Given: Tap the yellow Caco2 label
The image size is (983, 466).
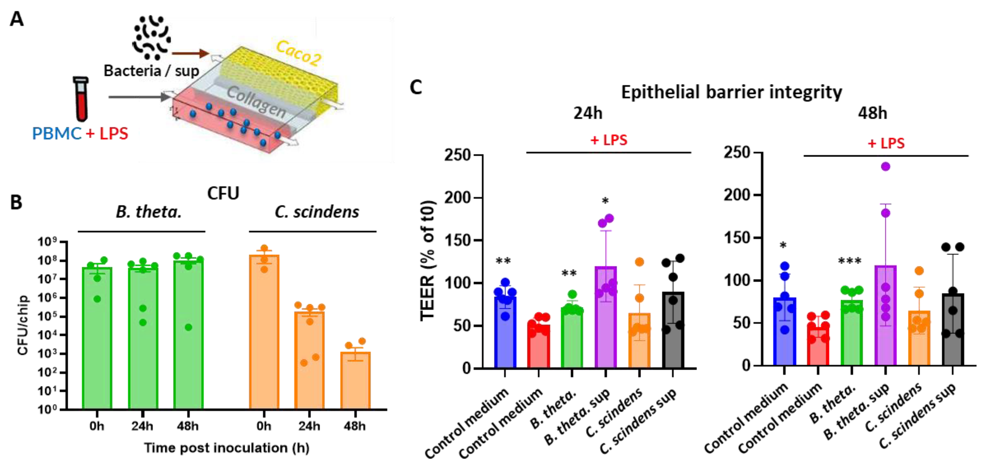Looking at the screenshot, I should [x=298, y=54].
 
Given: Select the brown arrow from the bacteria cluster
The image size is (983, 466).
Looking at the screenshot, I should [x=190, y=54].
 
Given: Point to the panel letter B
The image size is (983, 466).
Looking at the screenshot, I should [x=16, y=202].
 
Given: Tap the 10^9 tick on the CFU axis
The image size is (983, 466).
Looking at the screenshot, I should [x=47, y=242].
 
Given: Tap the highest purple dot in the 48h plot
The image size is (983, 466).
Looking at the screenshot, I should [x=885, y=167].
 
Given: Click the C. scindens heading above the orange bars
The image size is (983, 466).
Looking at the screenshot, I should [x=317, y=212].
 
